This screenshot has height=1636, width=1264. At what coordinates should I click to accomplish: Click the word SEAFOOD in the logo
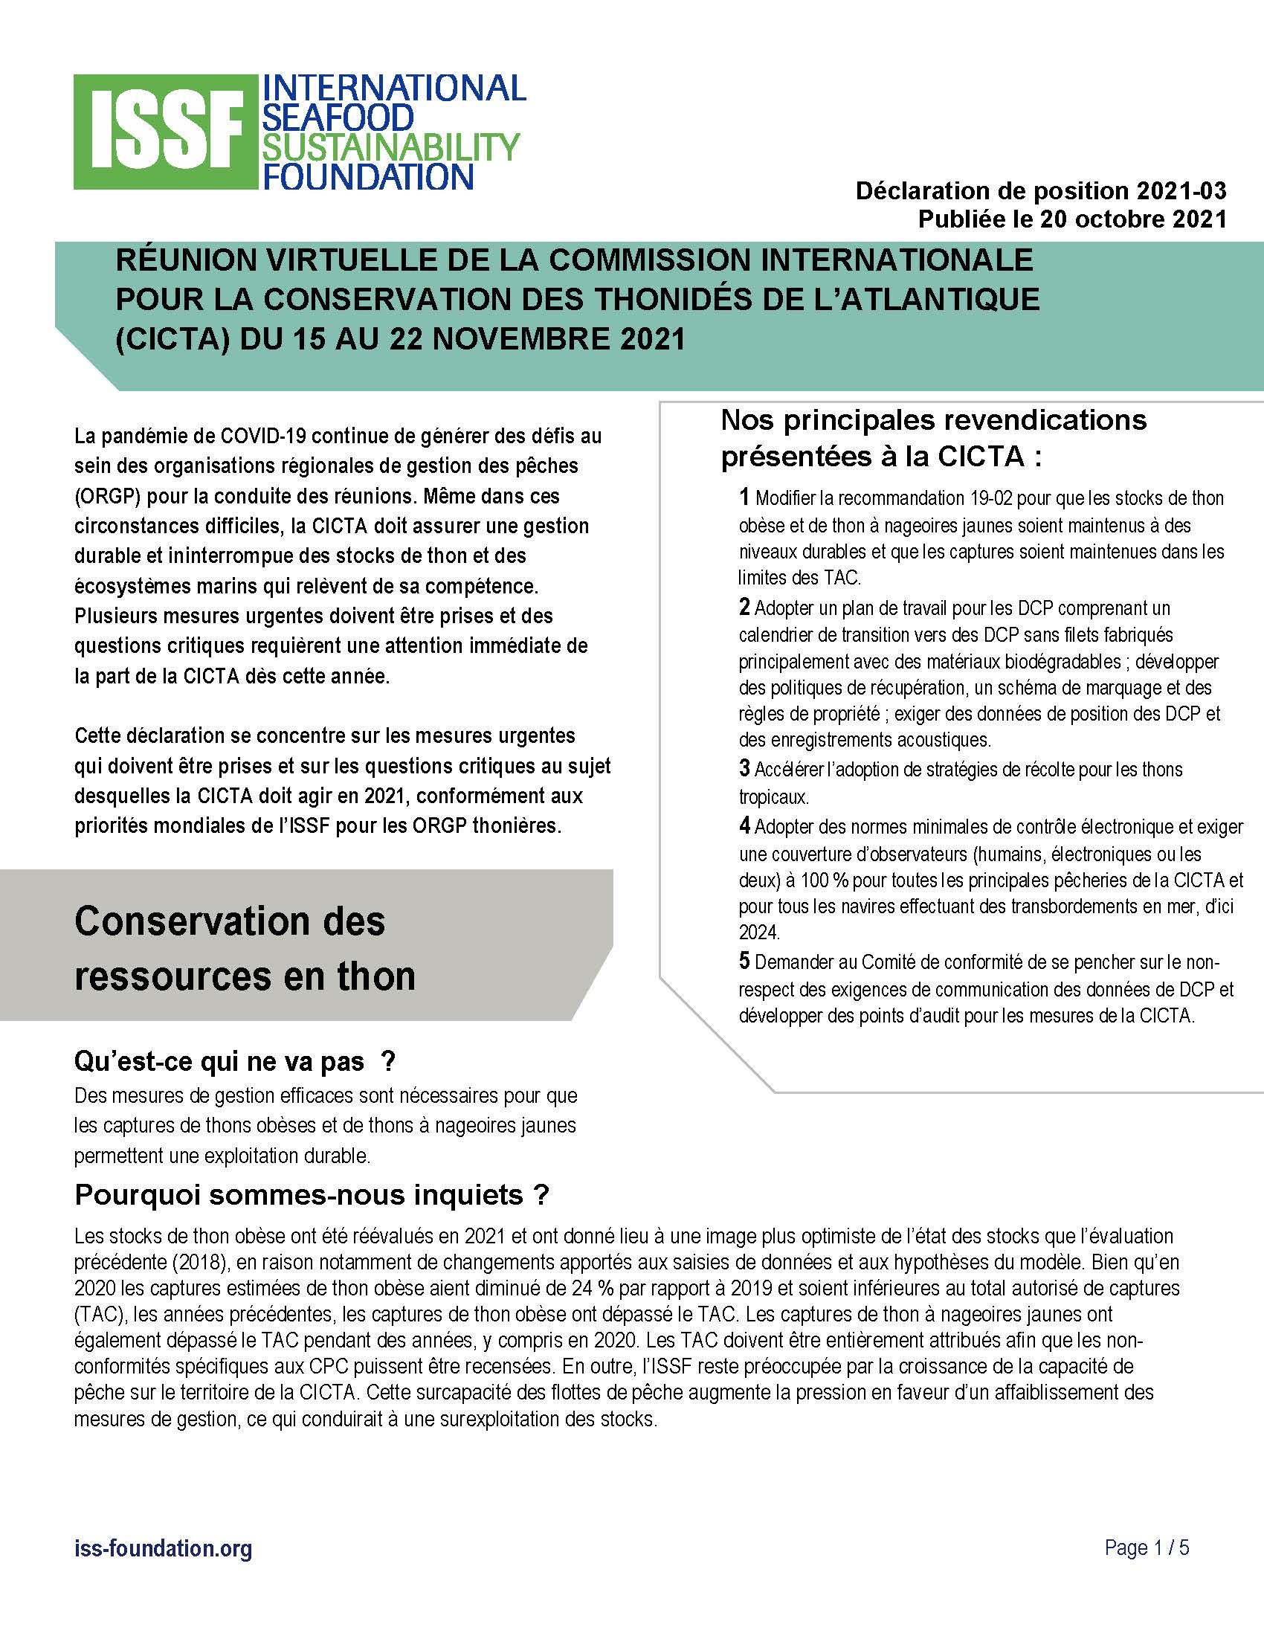[336, 117]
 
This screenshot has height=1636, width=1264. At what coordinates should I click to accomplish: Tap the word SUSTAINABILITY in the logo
[389, 146]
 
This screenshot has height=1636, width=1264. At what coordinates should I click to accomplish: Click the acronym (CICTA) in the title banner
[173, 338]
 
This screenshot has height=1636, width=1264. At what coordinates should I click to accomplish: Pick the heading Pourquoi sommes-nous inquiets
[312, 1196]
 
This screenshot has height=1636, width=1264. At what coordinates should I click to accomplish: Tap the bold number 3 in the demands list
[744, 768]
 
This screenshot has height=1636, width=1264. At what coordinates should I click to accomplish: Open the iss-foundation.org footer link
[164, 1548]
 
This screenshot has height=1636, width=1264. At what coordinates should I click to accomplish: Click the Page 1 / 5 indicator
[1147, 1548]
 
